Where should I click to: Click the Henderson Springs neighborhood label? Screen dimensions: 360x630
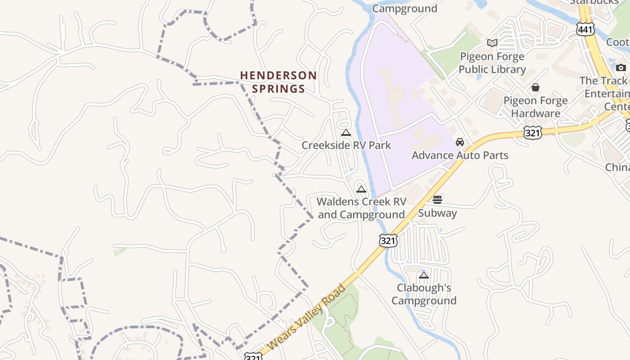(x=278, y=82)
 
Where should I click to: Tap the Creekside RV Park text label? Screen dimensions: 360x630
(x=346, y=145)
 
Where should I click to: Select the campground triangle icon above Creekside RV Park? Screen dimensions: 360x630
(x=346, y=133)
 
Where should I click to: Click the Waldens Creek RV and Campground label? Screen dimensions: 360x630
(x=361, y=208)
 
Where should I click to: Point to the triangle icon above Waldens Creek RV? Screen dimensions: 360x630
(x=361, y=189)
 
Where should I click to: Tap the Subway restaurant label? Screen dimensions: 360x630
(x=437, y=213)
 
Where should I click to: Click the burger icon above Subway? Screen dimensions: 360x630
(x=437, y=200)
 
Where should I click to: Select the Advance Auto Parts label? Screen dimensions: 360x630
(x=460, y=155)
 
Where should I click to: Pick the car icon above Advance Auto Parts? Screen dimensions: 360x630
(x=460, y=142)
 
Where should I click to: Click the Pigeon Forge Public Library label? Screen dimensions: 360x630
(x=492, y=63)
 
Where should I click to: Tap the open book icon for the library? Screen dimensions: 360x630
(x=492, y=43)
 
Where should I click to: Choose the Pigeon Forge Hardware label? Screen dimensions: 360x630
(x=535, y=107)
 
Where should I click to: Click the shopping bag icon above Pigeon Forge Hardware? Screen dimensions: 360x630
(x=535, y=87)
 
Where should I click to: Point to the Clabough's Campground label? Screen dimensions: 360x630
(x=424, y=294)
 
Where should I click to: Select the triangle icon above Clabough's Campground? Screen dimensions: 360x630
(x=423, y=275)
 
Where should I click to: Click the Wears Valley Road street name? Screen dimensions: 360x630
(x=308, y=317)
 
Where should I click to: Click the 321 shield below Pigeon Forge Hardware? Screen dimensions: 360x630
(x=532, y=132)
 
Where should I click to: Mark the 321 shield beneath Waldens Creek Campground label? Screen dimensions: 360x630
(x=387, y=241)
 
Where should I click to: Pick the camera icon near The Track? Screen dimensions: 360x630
(x=621, y=67)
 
